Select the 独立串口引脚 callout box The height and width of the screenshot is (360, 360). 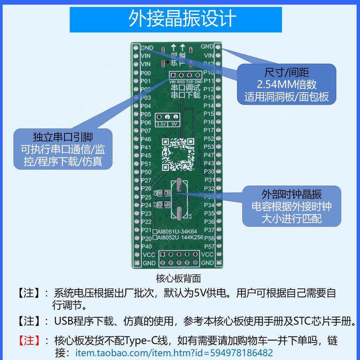tap(63, 149)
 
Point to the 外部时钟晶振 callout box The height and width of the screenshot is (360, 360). tap(291, 206)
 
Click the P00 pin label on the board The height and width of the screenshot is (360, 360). tap(146, 73)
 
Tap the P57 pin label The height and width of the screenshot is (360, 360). tap(209, 246)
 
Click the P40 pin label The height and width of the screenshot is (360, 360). tap(146, 246)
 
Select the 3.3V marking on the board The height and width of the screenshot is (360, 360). tap(161, 124)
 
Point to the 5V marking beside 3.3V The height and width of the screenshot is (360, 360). tap(174, 124)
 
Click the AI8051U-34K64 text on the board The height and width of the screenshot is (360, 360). tap(176, 231)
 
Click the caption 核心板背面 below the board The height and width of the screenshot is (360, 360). tap(178, 278)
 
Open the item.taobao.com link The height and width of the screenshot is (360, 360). tap(174, 353)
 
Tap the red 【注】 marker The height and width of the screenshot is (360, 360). tap(29, 340)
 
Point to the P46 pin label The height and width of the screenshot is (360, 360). tap(146, 139)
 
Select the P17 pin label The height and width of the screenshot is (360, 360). tap(209, 130)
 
